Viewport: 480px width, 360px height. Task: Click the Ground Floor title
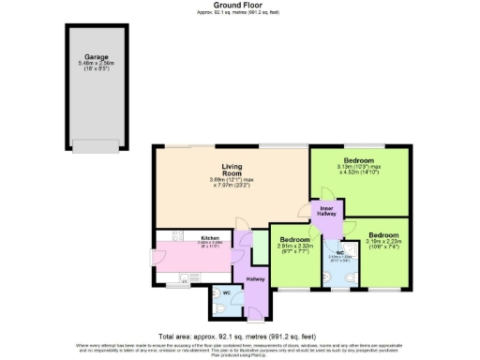tap(239, 5)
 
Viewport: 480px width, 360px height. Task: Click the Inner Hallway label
tap(326, 211)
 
